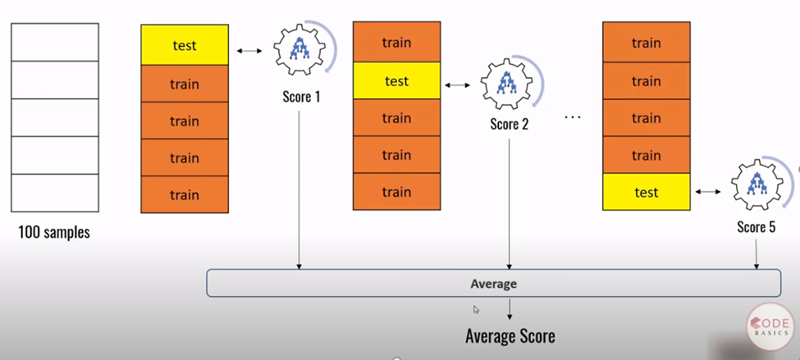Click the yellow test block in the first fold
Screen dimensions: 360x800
coord(185,45)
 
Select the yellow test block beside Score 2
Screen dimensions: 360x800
coord(396,81)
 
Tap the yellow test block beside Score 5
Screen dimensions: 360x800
coord(646,193)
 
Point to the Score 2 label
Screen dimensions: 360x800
coord(510,125)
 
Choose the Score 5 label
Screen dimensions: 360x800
coord(756,227)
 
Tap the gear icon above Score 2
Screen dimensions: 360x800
coord(506,84)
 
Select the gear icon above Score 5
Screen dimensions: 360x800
coord(754,187)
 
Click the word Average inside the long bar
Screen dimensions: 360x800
coord(493,284)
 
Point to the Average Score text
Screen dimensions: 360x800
coord(510,335)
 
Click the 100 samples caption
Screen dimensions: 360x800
coord(54,232)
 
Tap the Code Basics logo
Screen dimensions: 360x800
coord(770,326)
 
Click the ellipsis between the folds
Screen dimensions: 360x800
coord(573,119)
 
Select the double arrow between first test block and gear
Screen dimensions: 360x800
coord(249,52)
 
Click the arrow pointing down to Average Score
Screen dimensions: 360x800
coord(510,310)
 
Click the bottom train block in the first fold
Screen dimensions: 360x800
coord(185,195)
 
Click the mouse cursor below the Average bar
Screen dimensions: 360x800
coord(476,309)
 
